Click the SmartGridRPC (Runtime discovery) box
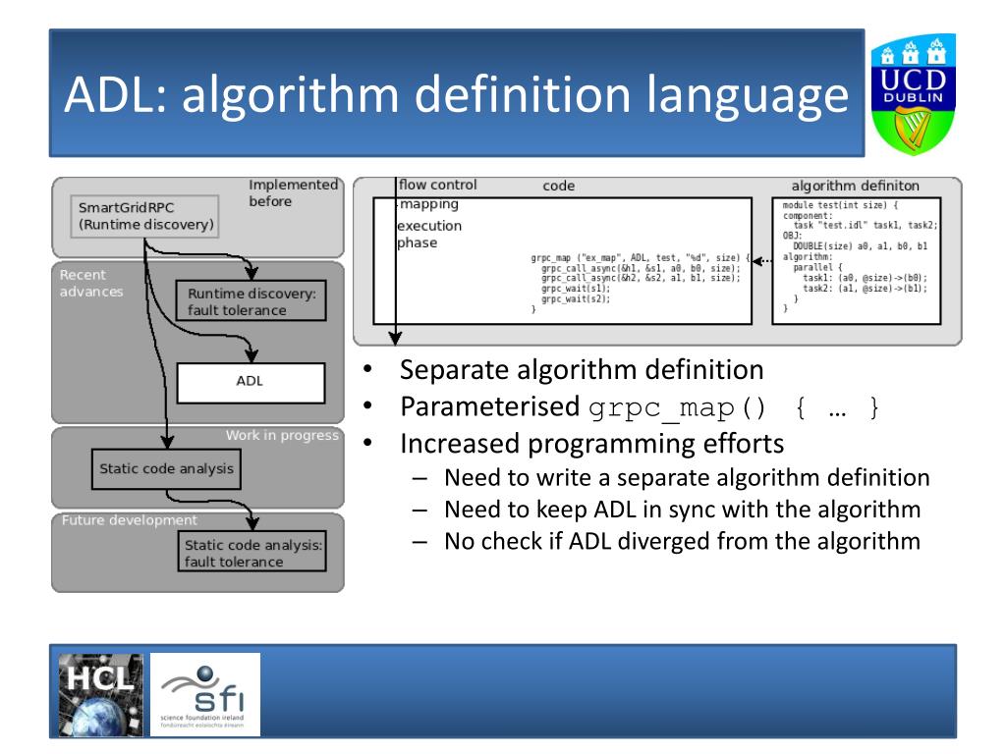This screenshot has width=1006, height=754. (x=144, y=216)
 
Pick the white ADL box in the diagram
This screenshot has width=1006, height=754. (x=250, y=382)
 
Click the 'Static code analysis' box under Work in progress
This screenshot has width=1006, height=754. (x=166, y=468)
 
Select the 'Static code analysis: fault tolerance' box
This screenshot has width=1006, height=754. (x=252, y=554)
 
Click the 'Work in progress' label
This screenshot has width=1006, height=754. (x=282, y=435)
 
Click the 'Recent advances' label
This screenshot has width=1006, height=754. (x=91, y=283)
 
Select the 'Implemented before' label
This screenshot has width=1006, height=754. (x=292, y=192)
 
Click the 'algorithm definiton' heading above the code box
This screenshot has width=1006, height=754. (x=855, y=186)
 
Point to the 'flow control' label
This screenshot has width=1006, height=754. (x=437, y=185)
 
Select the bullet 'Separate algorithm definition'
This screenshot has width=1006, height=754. (x=581, y=370)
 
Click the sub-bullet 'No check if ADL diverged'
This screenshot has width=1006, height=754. (x=682, y=540)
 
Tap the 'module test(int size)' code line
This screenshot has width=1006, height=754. (x=841, y=204)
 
